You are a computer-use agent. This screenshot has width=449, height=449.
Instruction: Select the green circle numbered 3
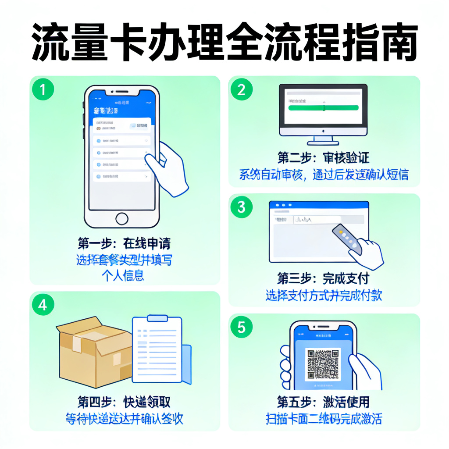click(x=242, y=207)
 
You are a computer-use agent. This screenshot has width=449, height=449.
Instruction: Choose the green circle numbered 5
click(x=242, y=327)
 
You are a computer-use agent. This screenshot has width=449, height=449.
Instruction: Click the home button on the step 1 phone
click(x=121, y=219)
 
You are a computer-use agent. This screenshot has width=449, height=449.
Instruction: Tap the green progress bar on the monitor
click(x=323, y=108)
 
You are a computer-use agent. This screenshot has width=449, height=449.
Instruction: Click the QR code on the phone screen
click(x=323, y=364)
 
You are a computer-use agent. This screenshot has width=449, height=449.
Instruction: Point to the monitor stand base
click(x=323, y=143)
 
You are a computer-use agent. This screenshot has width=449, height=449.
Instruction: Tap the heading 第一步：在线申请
click(x=124, y=243)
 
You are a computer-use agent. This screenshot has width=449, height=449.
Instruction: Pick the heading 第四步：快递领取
click(x=124, y=402)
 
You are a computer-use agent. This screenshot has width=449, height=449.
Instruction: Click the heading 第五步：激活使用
click(x=324, y=402)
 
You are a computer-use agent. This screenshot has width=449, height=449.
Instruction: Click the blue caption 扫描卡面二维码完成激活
click(x=324, y=419)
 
